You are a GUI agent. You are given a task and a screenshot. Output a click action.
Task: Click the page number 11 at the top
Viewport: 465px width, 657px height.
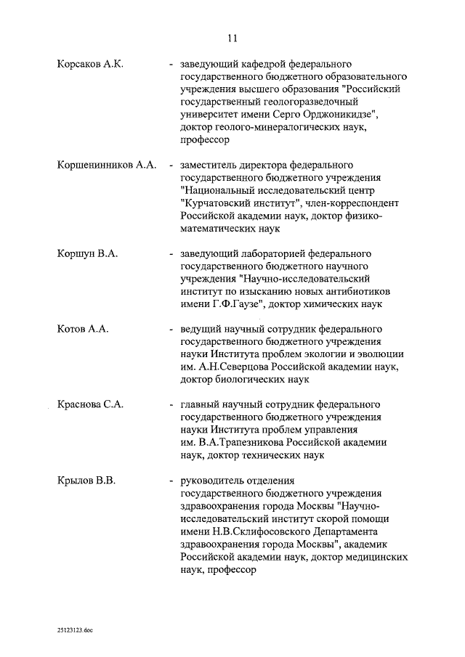tap(232, 38)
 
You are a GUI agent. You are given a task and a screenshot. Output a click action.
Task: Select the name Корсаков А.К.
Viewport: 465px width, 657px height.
tap(91, 64)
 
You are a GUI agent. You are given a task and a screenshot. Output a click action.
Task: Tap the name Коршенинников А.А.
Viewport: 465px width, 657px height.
tap(107, 165)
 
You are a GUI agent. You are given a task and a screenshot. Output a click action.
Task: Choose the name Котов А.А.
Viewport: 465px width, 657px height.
tap(83, 329)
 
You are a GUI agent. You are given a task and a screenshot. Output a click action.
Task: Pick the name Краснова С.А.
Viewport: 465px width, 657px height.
tap(90, 404)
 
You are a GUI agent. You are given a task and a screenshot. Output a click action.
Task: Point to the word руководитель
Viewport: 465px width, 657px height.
tap(214, 480)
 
